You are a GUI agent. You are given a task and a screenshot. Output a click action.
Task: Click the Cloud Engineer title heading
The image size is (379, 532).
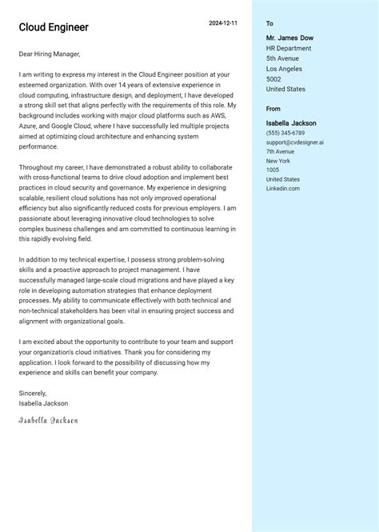(54, 27)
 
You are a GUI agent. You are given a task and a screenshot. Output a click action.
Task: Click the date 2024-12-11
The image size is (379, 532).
(223, 23)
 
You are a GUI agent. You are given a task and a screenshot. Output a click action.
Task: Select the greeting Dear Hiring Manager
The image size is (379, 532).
(50, 54)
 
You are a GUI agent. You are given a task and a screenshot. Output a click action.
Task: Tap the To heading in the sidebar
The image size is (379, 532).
(269, 24)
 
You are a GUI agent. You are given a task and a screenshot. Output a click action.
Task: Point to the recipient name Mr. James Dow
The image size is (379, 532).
(289, 38)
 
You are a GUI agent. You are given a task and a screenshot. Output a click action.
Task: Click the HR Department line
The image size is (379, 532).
(289, 48)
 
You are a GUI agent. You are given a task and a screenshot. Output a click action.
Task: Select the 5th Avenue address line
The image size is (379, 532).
(282, 58)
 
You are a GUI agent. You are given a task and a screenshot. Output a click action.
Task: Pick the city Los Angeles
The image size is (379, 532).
(284, 69)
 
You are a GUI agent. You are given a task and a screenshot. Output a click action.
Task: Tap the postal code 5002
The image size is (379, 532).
(273, 79)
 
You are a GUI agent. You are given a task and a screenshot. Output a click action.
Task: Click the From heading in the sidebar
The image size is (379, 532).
(273, 109)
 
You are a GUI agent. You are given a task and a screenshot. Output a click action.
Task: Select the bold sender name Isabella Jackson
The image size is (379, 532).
(291, 123)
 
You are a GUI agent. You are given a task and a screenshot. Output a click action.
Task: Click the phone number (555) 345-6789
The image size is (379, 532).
(285, 133)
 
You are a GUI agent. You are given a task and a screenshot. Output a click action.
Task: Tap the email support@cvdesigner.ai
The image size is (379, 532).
(295, 142)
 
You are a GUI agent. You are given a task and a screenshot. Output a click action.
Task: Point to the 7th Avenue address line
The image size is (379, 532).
(281, 151)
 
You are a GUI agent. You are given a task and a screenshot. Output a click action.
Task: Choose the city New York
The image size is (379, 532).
(278, 161)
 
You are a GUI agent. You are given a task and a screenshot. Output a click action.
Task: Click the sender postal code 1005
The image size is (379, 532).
(273, 170)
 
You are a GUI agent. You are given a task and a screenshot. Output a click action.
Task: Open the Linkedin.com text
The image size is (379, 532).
(283, 188)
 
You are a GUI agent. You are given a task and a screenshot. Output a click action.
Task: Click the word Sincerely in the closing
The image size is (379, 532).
(33, 394)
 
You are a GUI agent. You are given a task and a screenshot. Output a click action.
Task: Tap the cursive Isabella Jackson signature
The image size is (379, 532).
(49, 420)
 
